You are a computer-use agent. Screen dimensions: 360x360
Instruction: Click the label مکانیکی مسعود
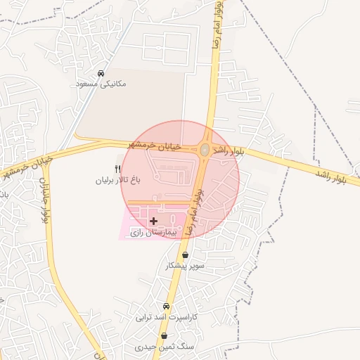(101, 84)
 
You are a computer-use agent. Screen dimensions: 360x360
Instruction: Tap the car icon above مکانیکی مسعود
(101, 73)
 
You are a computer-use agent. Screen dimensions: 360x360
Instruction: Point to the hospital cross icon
(153, 221)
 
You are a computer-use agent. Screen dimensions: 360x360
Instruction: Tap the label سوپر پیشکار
(185, 266)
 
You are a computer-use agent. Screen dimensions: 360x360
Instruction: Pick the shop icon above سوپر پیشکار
(185, 255)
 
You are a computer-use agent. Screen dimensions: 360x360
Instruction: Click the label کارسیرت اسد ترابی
(167, 317)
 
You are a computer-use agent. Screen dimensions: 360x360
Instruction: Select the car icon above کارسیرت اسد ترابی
(166, 307)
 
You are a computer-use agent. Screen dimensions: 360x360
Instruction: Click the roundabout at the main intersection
(205, 150)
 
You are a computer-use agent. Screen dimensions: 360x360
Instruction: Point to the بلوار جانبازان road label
(45, 200)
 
